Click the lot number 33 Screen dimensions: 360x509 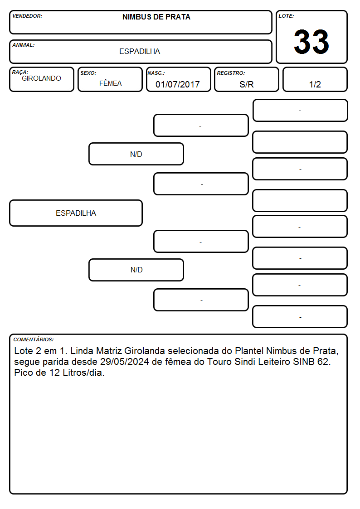coord(311,42)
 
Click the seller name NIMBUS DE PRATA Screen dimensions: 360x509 coord(156,17)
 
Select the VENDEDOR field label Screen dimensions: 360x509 coord(27,16)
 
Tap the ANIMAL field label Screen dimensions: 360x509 coord(24,45)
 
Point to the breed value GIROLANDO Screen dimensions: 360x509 coord(41,78)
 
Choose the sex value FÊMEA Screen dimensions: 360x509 coord(110,83)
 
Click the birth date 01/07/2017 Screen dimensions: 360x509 coord(178,84)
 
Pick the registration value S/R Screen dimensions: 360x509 coord(246,84)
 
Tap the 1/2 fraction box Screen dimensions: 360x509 coord(315,79)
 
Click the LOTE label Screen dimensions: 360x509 coord(286,16)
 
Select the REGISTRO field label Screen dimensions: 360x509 coord(231,73)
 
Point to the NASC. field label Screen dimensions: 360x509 coord(156,73)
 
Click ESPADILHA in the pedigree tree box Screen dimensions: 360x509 coord(76,213)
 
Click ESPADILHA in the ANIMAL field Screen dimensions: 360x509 coord(140,51)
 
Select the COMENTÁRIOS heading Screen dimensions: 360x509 coord(34,339)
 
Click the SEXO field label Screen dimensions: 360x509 coord(88,73)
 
